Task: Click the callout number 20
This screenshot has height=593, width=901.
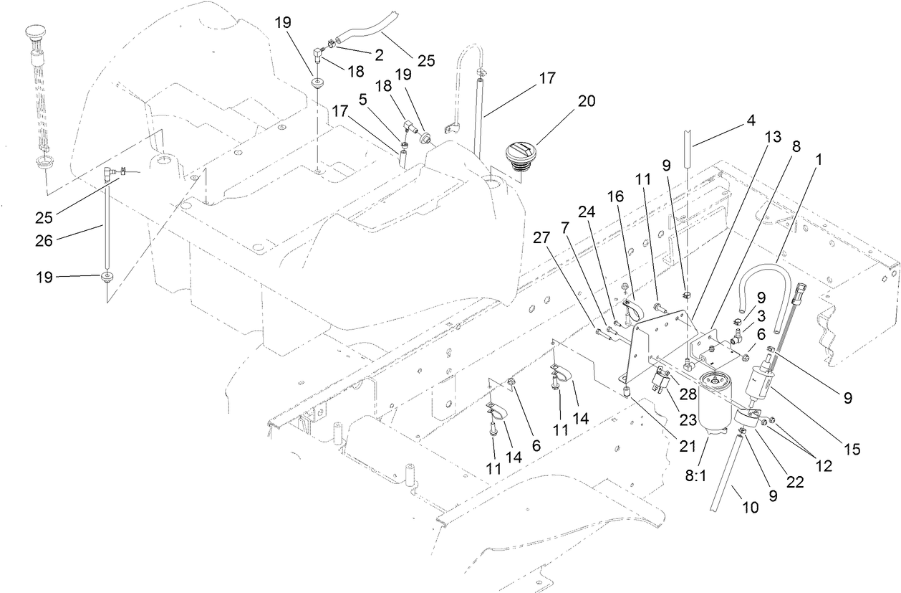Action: tap(586, 102)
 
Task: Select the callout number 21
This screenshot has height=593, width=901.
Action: tap(688, 446)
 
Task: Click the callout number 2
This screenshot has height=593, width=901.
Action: tap(378, 54)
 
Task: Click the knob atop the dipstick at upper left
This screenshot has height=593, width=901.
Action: tap(35, 33)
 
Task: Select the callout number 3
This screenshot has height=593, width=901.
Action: tap(762, 315)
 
